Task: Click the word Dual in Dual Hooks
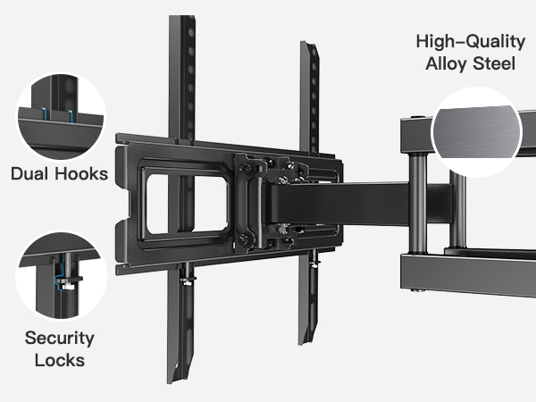(x=30, y=173)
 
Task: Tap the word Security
(x=60, y=339)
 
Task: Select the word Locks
(x=60, y=361)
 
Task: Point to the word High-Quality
(x=465, y=42)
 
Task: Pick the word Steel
(x=498, y=64)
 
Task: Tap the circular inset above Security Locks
(x=60, y=272)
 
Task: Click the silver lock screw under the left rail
(x=185, y=281)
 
